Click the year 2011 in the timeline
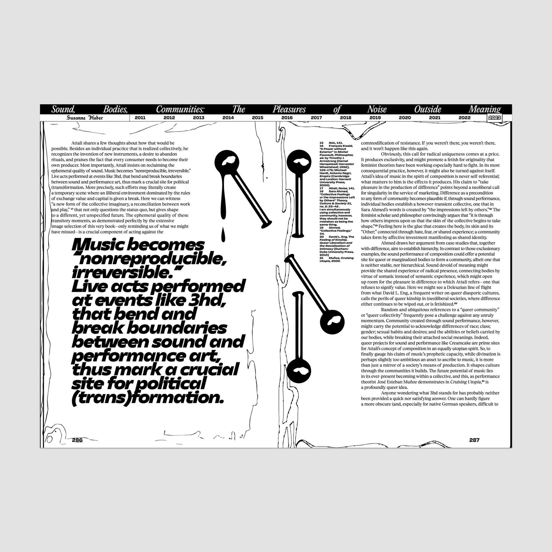[x=140, y=118]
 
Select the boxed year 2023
[x=494, y=118]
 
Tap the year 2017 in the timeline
[x=316, y=118]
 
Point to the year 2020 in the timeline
[x=405, y=118]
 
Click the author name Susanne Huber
[x=84, y=118]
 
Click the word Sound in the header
[x=62, y=110]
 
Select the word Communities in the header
[x=180, y=110]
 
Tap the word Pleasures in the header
[x=289, y=110]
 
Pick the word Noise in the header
[x=377, y=110]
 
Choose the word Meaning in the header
[x=484, y=110]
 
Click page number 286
[x=77, y=440]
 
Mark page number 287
[x=474, y=440]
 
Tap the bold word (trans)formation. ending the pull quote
[x=147, y=398]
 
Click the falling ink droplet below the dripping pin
[x=222, y=233]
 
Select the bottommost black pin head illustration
[x=299, y=370]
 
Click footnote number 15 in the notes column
[x=322, y=142]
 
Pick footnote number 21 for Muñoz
[x=322, y=258]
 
